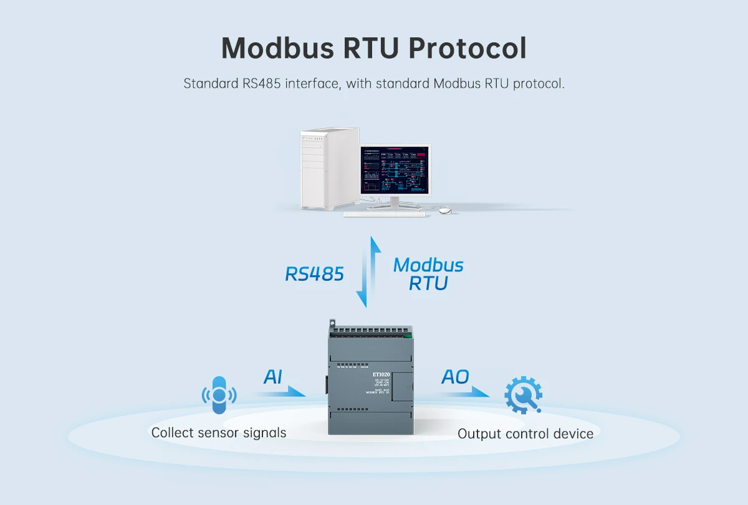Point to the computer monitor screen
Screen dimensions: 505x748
(x=395, y=170)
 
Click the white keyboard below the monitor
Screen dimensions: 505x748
(x=384, y=214)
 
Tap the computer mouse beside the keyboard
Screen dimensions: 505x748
(x=444, y=210)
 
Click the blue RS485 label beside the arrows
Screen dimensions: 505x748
(x=314, y=274)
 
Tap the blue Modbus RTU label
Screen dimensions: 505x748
(x=428, y=274)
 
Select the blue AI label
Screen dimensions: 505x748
(x=272, y=377)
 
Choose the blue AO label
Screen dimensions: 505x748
(x=455, y=377)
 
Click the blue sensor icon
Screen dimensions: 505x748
(x=218, y=395)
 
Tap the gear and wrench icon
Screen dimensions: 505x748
(x=522, y=395)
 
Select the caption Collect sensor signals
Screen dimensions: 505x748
(x=219, y=432)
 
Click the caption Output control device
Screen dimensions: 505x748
(x=525, y=433)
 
